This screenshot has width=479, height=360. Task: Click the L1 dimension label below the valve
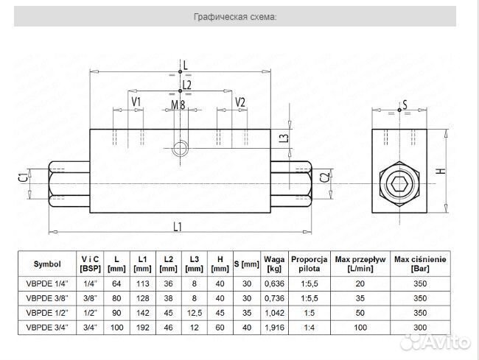[x=178, y=227]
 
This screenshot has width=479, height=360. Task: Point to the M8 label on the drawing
[x=178, y=105]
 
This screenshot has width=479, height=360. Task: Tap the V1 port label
[x=136, y=102]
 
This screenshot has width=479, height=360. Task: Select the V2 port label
[x=240, y=102]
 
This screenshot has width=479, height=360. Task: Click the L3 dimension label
[x=284, y=138]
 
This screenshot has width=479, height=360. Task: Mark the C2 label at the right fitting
[x=325, y=177]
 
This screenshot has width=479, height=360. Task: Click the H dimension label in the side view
[x=441, y=171]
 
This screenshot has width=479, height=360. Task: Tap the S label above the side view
[x=405, y=105]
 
